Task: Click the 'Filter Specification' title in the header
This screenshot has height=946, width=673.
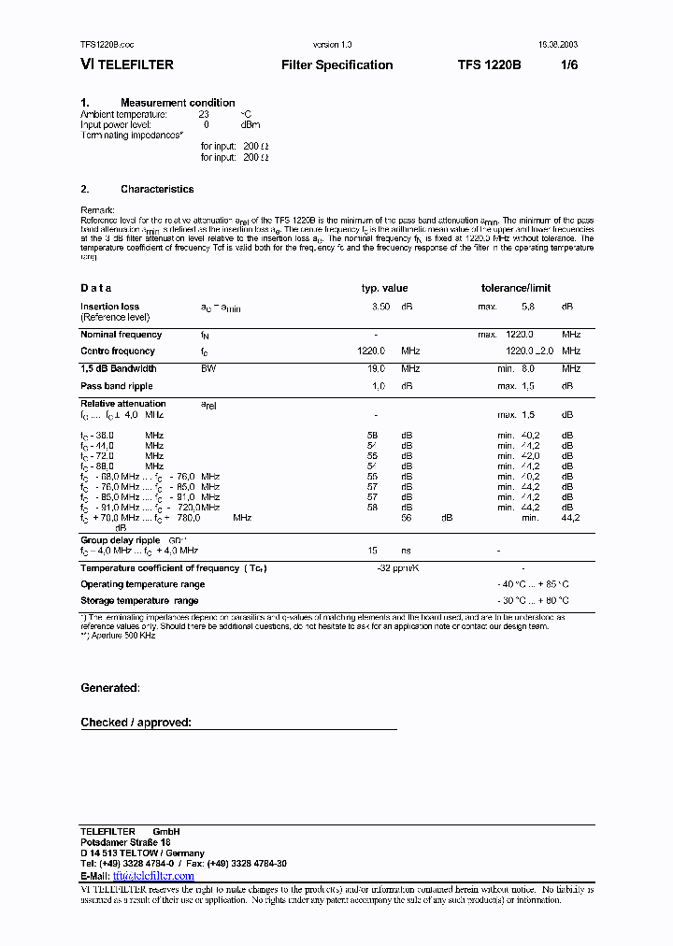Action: pyautogui.click(x=336, y=65)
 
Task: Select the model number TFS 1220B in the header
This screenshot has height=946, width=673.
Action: pyautogui.click(x=490, y=65)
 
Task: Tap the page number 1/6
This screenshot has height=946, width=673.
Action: pyautogui.click(x=569, y=65)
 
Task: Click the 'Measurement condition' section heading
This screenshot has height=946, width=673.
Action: pyautogui.click(x=178, y=103)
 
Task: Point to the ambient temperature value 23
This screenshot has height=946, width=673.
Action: pyautogui.click(x=204, y=114)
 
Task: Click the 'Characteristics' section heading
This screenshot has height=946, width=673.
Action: pyautogui.click(x=157, y=189)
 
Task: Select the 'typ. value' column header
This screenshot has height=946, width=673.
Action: pyautogui.click(x=384, y=289)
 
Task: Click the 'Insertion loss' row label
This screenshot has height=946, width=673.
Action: pyautogui.click(x=109, y=307)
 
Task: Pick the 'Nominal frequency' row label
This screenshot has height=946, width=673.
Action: pyautogui.click(x=121, y=335)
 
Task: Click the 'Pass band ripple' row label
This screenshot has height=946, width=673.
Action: pyautogui.click(x=116, y=386)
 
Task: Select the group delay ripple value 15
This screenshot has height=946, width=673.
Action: pyautogui.click(x=373, y=552)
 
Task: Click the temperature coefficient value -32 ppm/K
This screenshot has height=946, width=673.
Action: pyautogui.click(x=396, y=568)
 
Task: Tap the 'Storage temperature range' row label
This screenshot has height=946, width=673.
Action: pyautogui.click(x=138, y=601)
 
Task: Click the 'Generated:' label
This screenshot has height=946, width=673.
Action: pyautogui.click(x=109, y=688)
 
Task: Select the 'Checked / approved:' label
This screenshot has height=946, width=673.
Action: pyautogui.click(x=136, y=723)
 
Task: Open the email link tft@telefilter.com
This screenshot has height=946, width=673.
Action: pyautogui.click(x=153, y=876)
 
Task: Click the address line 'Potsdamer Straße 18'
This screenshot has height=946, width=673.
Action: pyautogui.click(x=124, y=842)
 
